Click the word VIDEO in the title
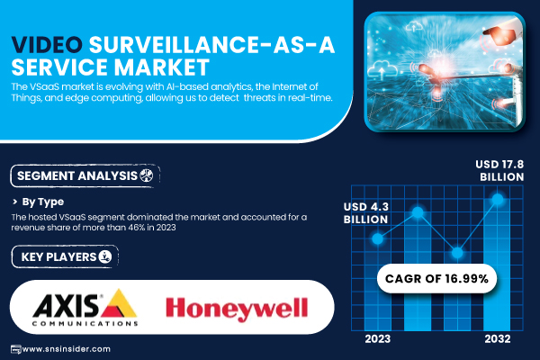[x=47, y=45]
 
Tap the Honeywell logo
[x=237, y=309]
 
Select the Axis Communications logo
[x=85, y=307]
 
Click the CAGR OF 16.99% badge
[x=436, y=278]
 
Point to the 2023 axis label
[x=377, y=339]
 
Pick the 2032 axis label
[x=498, y=339]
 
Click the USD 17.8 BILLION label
[x=499, y=170]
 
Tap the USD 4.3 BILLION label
[x=365, y=213]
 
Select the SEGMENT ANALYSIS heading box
[x=85, y=176]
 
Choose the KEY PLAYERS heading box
[x=65, y=256]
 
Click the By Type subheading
[x=42, y=202]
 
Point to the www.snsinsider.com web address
[x=66, y=349]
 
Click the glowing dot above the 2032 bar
[x=498, y=199]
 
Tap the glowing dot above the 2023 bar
[x=377, y=238]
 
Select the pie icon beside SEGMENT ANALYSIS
[x=147, y=175]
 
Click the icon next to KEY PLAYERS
[x=105, y=256]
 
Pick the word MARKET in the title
[x=161, y=67]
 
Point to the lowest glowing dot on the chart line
[x=457, y=253]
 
